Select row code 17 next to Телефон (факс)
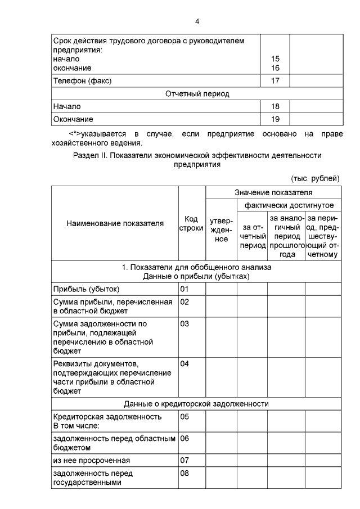(275, 80)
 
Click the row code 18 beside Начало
(275, 106)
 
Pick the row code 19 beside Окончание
(275, 119)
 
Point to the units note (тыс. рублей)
(315, 178)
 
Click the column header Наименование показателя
(115, 223)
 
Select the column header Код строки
(192, 223)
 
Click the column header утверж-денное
(222, 231)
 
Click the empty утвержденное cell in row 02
(221, 307)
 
